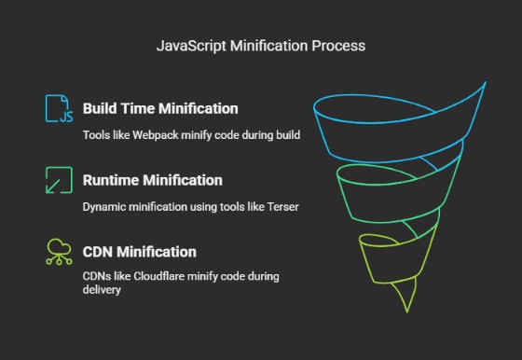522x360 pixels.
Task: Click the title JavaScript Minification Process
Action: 261,44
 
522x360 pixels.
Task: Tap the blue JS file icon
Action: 58,109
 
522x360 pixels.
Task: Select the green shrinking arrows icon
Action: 58,180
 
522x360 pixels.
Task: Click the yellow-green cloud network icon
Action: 58,253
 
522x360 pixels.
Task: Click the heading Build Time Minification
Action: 159,109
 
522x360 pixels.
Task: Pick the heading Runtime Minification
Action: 152,180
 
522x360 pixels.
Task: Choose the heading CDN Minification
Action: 139,252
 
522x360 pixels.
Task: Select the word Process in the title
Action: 340,44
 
